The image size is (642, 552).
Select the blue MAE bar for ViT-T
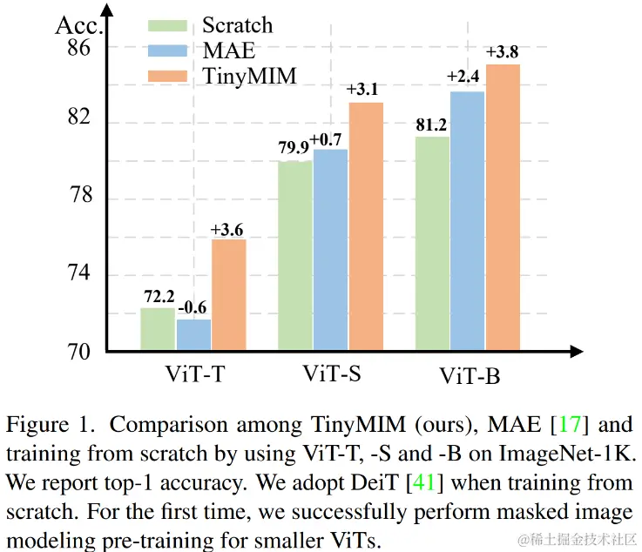(193, 335)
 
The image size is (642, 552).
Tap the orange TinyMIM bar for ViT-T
(228, 295)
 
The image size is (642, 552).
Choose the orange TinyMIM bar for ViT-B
(502, 208)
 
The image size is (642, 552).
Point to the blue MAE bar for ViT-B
(467, 221)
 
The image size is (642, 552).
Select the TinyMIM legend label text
(251, 76)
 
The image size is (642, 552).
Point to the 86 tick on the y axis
(78, 48)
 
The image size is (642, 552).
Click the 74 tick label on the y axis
(78, 274)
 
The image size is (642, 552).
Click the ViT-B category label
(470, 377)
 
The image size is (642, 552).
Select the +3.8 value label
(503, 52)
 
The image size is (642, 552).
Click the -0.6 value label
(193, 307)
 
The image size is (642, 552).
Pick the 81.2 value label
(432, 125)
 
